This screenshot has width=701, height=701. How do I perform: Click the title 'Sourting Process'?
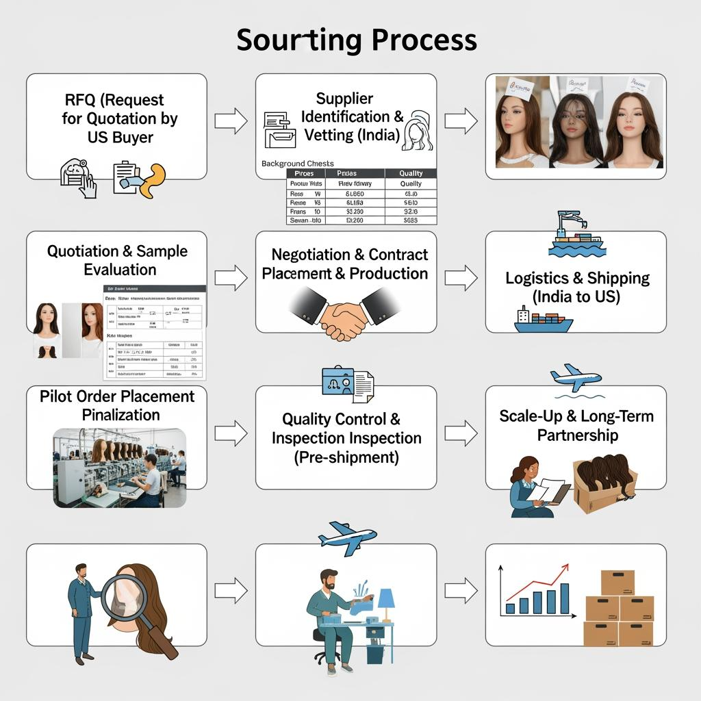click(x=356, y=40)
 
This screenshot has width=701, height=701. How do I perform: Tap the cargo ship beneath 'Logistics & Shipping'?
click(x=543, y=321)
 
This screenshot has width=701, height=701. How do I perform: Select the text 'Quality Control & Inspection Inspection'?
click(x=346, y=429)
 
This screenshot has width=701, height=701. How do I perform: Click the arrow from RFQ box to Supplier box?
click(x=231, y=121)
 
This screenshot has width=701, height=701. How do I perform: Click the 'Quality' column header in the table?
click(x=411, y=173)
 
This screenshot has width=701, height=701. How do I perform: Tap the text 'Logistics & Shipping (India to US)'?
click(x=577, y=288)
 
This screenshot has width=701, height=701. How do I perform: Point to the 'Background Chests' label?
click(x=298, y=164)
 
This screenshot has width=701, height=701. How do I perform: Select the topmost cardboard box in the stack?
click(x=617, y=583)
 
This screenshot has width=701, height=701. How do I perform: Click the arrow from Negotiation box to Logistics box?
click(x=461, y=277)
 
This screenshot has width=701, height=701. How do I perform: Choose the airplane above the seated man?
click(x=348, y=537)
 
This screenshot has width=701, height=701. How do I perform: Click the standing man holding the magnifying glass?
click(x=81, y=609)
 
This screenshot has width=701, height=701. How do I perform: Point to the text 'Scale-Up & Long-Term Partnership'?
click(x=576, y=426)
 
